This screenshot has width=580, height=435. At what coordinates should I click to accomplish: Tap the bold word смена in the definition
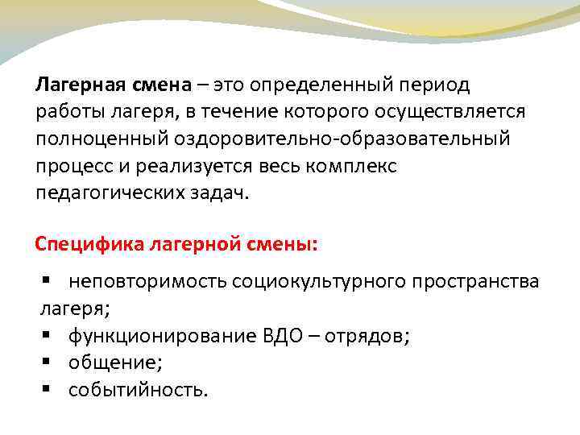159,84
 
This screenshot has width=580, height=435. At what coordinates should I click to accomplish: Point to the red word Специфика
90,243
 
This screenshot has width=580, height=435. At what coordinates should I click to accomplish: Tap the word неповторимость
148,281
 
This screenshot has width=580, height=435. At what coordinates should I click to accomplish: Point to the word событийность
138,390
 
